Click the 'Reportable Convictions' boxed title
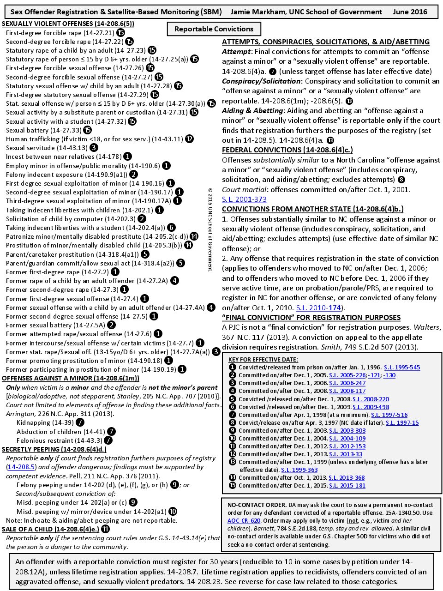(x=214, y=29)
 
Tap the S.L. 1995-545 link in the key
(x=402, y=368)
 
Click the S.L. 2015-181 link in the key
(x=347, y=485)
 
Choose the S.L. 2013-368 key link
(x=347, y=477)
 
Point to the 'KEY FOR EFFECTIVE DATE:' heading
(x=263, y=359)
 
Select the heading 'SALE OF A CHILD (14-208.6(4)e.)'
(x=50, y=529)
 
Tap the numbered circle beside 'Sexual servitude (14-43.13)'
(x=94, y=148)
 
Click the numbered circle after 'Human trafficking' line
(x=189, y=139)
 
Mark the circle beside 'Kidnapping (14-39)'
(x=80, y=422)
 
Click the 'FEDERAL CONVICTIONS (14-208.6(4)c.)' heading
(x=287, y=150)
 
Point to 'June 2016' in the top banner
(x=410, y=12)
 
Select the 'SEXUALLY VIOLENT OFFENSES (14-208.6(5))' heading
(x=68, y=23)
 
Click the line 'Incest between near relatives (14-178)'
(x=64, y=157)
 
